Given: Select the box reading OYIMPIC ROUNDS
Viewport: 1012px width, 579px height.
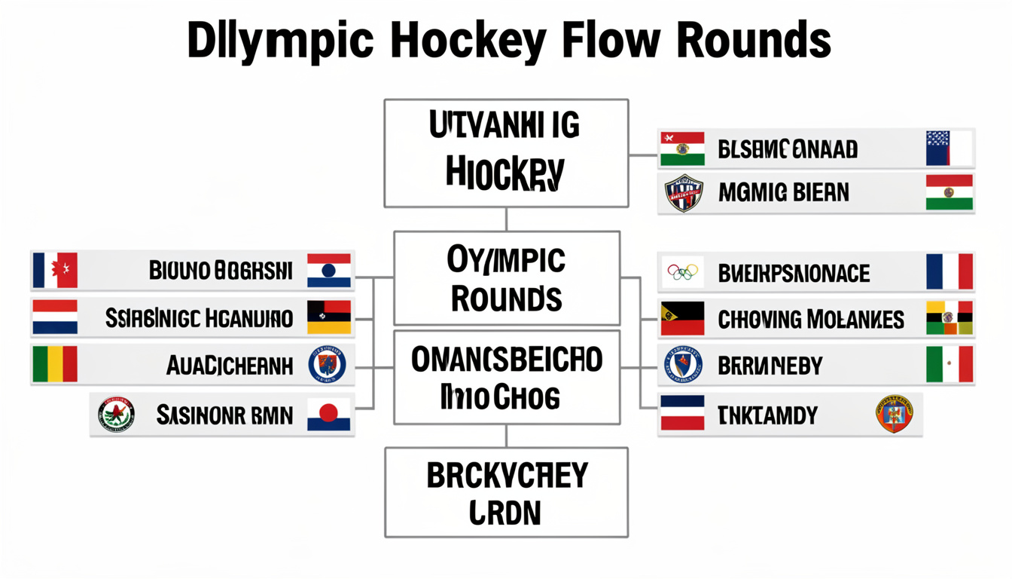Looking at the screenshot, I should pos(506,278).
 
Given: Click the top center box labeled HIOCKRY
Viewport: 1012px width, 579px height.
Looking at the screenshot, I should pos(506,153).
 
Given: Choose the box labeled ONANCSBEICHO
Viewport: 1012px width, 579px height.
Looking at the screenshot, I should pos(506,377).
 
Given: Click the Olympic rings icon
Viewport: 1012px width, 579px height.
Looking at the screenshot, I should pos(682,272).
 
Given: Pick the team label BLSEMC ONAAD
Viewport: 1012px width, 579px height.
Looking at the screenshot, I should pos(788,149).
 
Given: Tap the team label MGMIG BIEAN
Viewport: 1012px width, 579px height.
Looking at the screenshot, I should pos(783,193).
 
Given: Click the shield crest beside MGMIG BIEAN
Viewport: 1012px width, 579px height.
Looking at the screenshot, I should pos(683,193).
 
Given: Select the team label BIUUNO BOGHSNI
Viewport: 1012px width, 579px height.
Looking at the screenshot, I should pos(220,271).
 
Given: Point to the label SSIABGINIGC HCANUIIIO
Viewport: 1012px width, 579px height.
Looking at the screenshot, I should pos(199,318).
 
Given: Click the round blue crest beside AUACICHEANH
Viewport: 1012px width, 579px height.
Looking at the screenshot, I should pos(328,365).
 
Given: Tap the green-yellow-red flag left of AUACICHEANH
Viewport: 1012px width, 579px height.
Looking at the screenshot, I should pos(55,364).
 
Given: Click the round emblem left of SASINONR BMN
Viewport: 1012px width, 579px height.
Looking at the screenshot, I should pos(116,414).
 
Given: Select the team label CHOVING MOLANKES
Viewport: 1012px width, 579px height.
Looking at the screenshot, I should pos(811,319).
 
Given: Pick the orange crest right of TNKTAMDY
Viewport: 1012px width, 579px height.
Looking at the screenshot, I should pos(894,415).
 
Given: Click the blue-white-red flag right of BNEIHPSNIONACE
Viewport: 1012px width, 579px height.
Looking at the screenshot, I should pos(950,271).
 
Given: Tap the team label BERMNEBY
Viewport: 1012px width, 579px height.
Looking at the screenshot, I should pos(770,366).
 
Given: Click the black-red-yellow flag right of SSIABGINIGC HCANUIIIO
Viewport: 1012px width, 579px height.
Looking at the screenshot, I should pos(329,317).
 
